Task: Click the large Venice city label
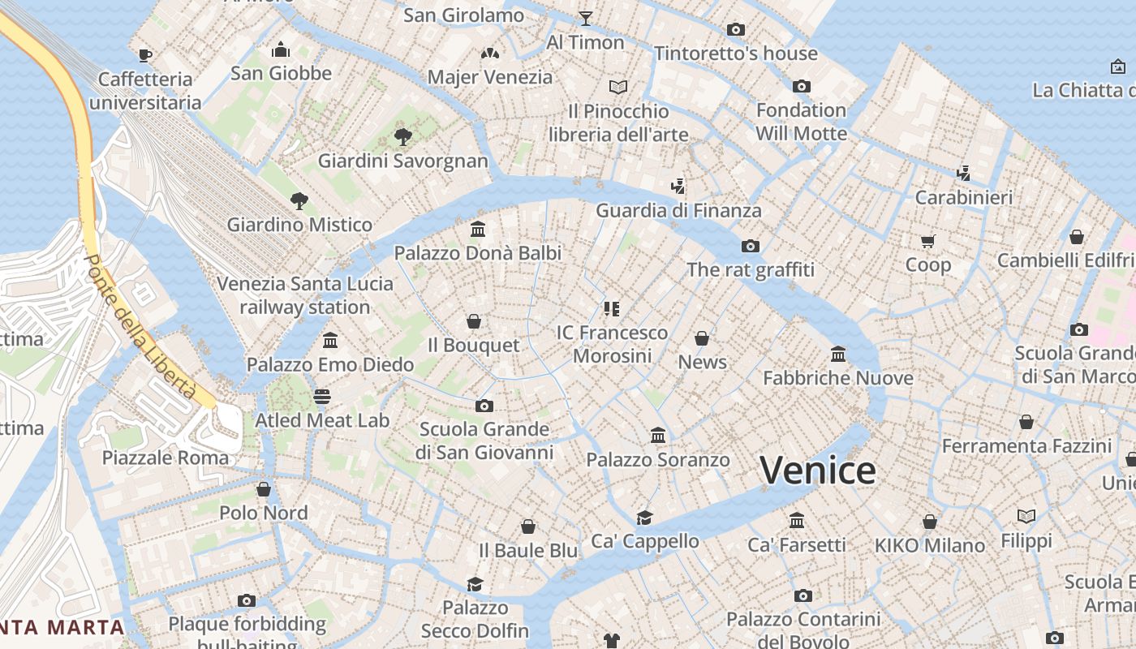817,471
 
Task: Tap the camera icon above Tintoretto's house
736,30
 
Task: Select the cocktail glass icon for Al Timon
585,18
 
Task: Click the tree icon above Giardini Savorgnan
402,136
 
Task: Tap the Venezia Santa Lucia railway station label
305,295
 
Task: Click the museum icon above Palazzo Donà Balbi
478,230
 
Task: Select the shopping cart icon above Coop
928,241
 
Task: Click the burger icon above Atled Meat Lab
322,397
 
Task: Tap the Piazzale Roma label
166,458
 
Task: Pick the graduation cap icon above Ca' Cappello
644,518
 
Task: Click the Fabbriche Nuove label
838,378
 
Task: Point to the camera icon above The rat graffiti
751,246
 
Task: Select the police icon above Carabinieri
963,173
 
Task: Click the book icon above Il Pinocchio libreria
618,87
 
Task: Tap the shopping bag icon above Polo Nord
264,489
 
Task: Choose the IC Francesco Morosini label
613,344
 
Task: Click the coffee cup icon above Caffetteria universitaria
145,55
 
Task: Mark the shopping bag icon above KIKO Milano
930,522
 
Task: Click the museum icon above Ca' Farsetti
797,520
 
